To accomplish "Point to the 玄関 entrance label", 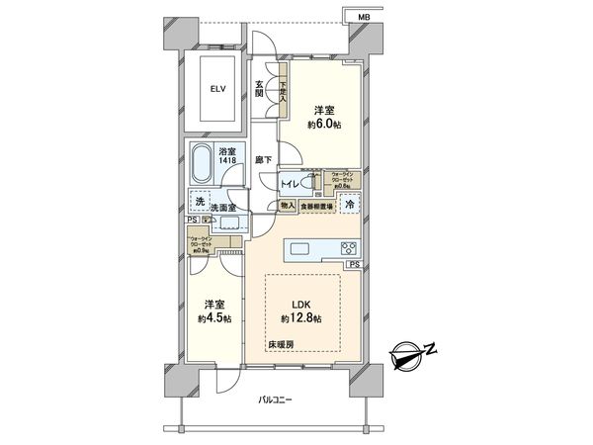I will click(x=259, y=88).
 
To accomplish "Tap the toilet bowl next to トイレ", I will click(x=308, y=183).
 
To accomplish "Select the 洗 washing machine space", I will click(x=202, y=201).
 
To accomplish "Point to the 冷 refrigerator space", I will click(x=349, y=204).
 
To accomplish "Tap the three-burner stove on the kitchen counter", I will click(x=349, y=247).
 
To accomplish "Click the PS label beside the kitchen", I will click(x=353, y=265).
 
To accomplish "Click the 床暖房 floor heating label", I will click(x=279, y=344).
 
